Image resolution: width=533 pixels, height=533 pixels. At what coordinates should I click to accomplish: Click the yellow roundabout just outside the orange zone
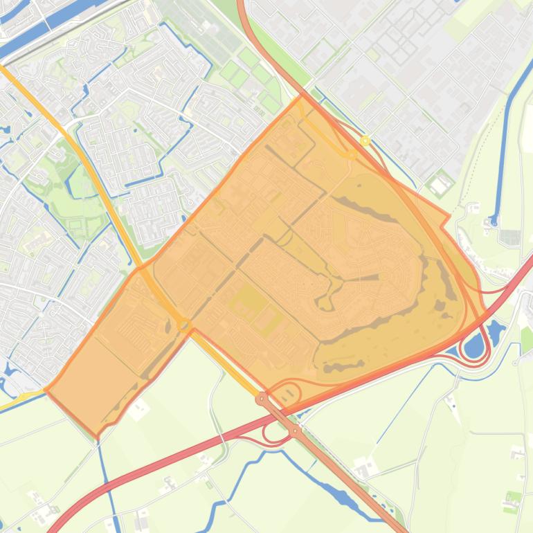coord(365,141)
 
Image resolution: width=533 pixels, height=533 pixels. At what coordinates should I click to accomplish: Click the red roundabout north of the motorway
coord(262,399)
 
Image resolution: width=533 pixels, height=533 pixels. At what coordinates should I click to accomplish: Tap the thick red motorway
coord(173,457)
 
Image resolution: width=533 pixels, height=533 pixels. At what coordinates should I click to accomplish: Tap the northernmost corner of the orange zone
coord(302,96)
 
